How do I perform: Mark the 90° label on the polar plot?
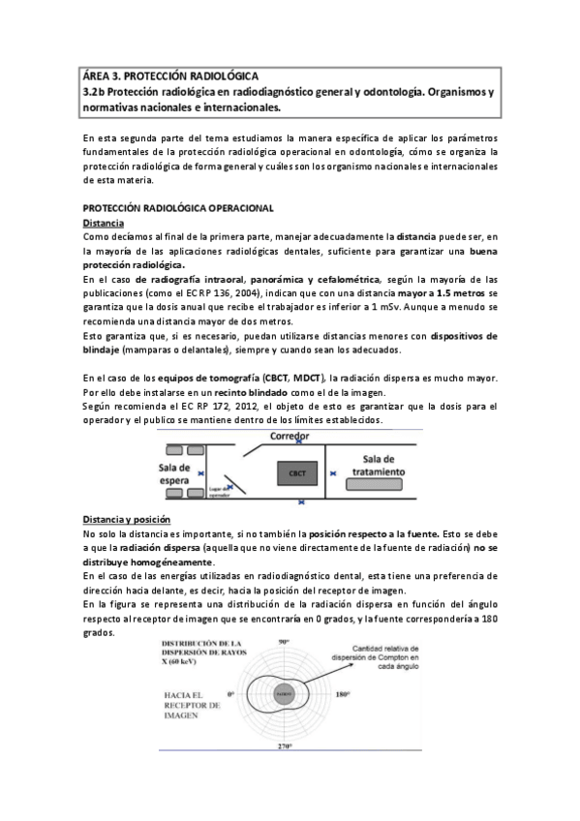[284, 642]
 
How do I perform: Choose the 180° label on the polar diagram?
[369, 694]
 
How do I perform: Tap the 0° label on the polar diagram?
[230, 694]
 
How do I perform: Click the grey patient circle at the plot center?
[283, 694]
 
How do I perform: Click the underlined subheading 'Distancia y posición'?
[126, 519]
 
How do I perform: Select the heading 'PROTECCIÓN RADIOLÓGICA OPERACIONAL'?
[179, 208]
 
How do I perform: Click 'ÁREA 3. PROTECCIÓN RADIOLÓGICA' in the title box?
[170, 75]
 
